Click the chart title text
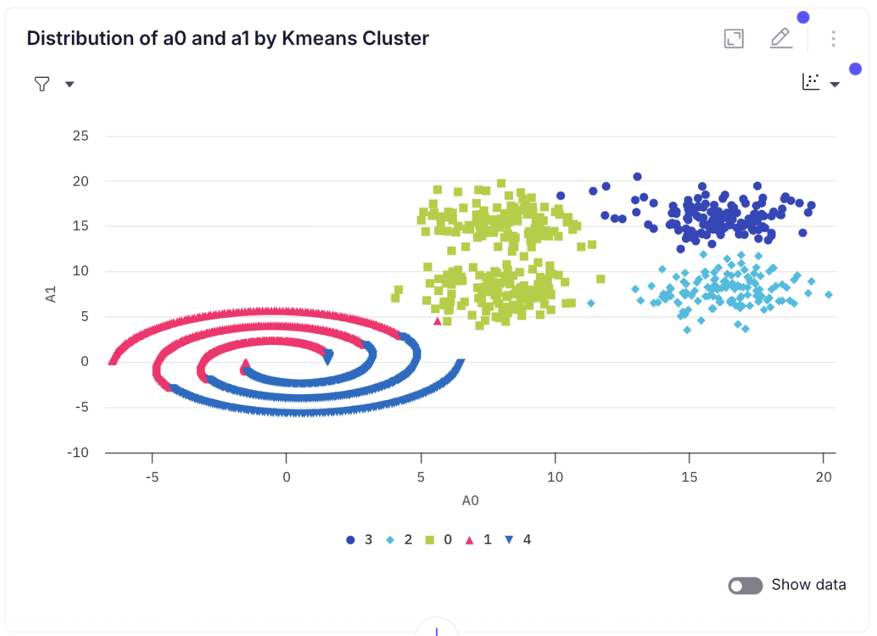(227, 38)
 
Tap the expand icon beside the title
(734, 38)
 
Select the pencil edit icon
(780, 38)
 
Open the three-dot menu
(833, 38)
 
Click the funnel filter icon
(42, 84)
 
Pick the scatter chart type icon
(811, 82)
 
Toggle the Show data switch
(745, 586)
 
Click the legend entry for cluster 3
(359, 540)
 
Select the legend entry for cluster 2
(399, 540)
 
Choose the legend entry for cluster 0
(438, 540)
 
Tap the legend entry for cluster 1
(478, 540)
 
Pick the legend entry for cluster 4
(518, 540)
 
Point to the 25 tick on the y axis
(81, 136)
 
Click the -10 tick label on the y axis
(78, 452)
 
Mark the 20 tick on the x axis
(823, 477)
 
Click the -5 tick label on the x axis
(152, 477)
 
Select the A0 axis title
(470, 501)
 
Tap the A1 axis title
(50, 294)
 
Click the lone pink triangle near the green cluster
(438, 321)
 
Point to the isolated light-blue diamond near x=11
(590, 303)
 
